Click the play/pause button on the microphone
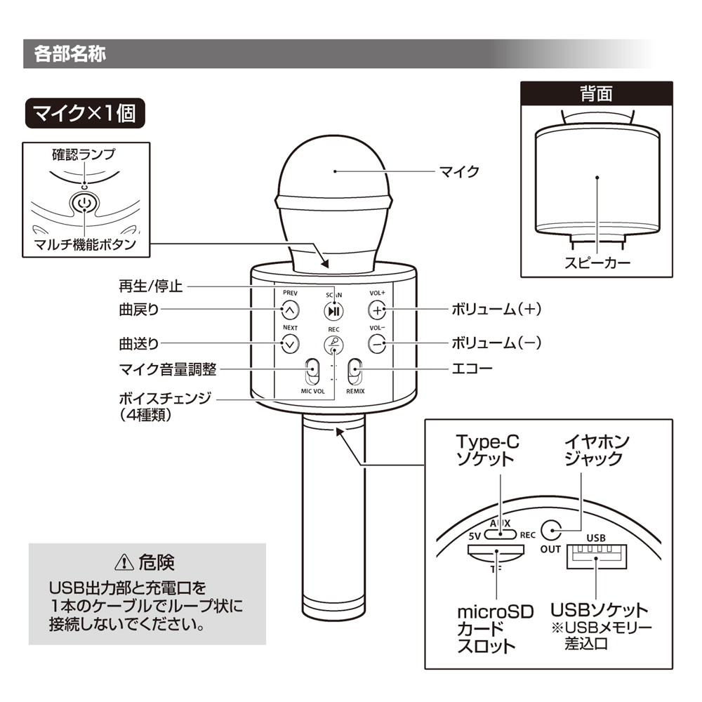[333, 311]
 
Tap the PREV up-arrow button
[290, 310]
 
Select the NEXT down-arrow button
[290, 344]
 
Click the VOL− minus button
[377, 344]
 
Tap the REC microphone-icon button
[333, 345]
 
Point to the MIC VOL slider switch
[312, 371]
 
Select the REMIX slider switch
[355, 371]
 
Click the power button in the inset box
[84, 204]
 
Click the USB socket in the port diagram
[596, 557]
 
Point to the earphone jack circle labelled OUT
[552, 531]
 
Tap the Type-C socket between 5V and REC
[501, 534]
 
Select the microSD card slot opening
[496, 552]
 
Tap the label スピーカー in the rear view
[597, 263]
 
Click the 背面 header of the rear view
[596, 94]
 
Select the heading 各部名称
[69, 54]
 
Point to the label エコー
[472, 369]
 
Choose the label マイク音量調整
[168, 369]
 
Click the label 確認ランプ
[84, 154]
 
